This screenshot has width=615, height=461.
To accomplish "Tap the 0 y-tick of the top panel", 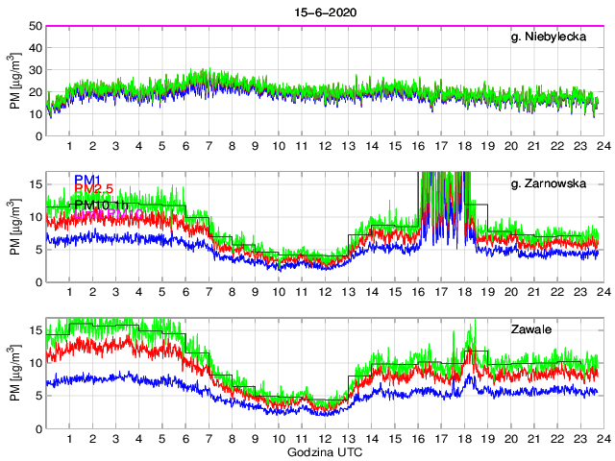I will pyautogui.click(x=37, y=136).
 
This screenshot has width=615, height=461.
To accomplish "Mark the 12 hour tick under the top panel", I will pyautogui.click(x=325, y=147).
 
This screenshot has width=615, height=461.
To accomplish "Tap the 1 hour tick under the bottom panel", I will pyautogui.click(x=70, y=439).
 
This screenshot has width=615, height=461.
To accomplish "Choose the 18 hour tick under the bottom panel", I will pyautogui.click(x=464, y=439).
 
